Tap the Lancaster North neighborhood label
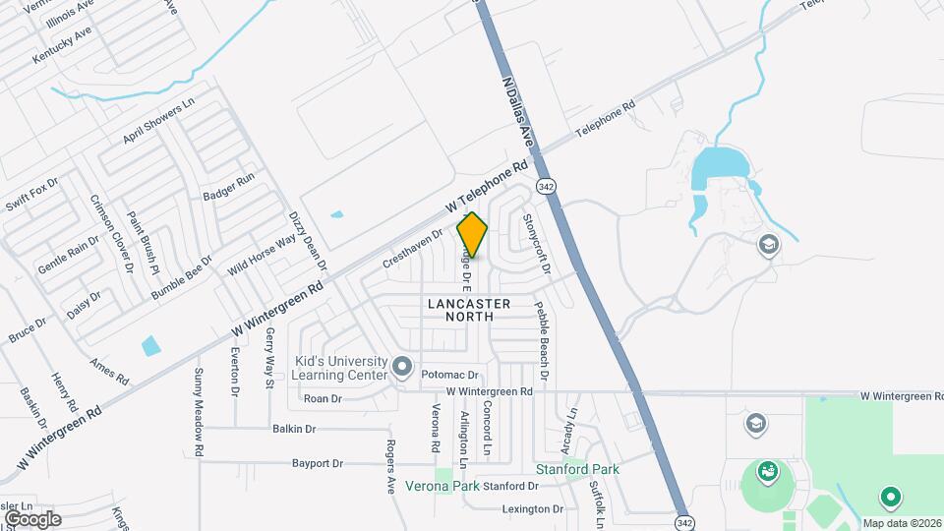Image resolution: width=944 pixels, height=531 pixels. click(469, 310)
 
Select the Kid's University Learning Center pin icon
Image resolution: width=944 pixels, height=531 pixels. click(401, 368)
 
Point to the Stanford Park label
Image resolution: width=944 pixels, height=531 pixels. click(577, 469)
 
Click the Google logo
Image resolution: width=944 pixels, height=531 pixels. click(32, 518)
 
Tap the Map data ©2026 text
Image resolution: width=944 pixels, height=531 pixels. click(901, 522)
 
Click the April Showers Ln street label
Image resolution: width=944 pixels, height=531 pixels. click(159, 121)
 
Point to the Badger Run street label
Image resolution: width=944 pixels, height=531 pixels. click(228, 187)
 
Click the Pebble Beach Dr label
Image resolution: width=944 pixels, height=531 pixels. click(541, 340)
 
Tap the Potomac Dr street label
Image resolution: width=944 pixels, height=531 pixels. click(449, 376)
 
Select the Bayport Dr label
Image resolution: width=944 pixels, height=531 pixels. click(317, 463)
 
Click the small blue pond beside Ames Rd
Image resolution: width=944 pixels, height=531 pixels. click(150, 345)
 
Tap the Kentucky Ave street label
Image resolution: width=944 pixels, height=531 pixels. click(62, 44)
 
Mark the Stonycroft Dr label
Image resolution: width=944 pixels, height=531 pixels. click(536, 244)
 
